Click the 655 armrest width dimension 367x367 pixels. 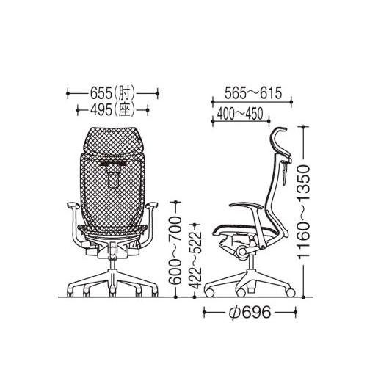(113, 93)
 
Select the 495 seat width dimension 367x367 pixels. (113, 110)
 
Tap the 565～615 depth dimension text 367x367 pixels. (253, 93)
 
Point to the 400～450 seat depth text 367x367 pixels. (240, 114)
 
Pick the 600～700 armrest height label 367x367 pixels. (175, 250)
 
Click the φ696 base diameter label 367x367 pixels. (250, 312)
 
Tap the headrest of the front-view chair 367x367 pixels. (112, 141)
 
